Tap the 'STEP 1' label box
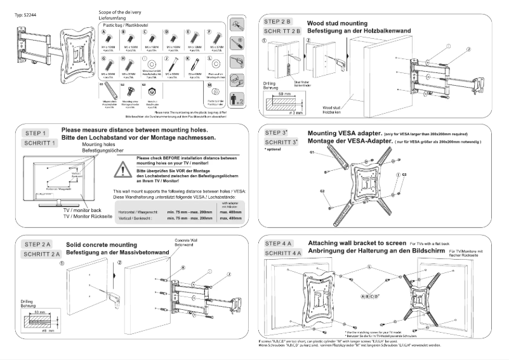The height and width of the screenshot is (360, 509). [x=37, y=133]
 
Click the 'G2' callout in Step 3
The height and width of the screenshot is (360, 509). [x=322, y=190]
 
